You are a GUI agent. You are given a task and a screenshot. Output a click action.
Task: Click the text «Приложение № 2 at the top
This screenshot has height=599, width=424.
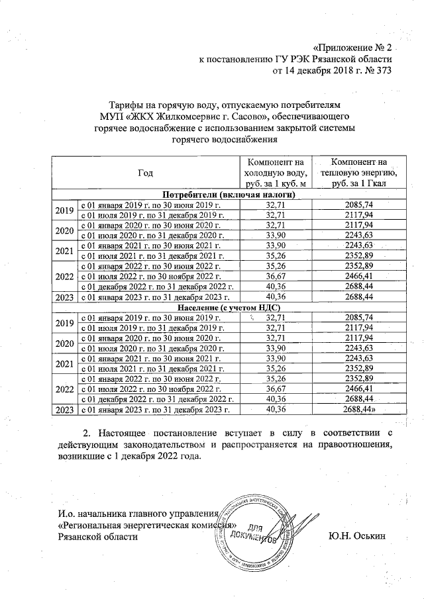[x=352, y=48]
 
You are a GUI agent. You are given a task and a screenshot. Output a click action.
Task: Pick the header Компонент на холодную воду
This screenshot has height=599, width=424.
[x=274, y=173]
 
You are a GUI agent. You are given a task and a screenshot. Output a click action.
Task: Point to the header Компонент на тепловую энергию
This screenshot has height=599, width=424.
[x=358, y=173]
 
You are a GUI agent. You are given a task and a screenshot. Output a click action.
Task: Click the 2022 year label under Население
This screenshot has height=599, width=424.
[x=64, y=389]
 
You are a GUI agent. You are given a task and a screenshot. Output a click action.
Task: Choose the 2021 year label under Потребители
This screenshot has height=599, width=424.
[x=64, y=252]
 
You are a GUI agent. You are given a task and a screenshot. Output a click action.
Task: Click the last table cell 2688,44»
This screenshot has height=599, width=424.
[x=360, y=410]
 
